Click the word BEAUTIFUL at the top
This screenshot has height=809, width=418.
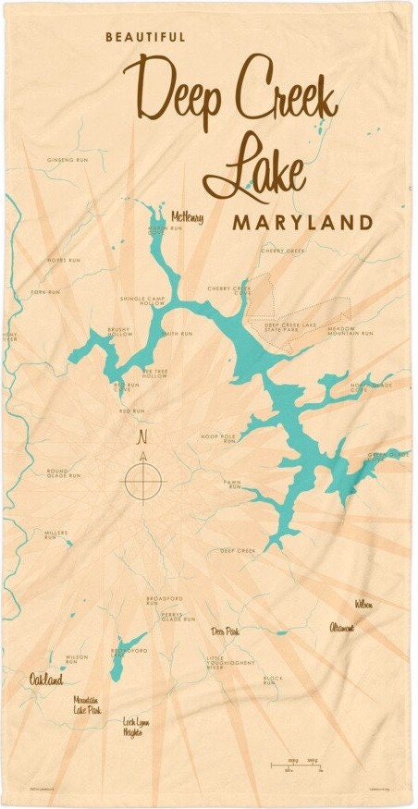point(145,37)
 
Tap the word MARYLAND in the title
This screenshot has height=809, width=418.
point(302,223)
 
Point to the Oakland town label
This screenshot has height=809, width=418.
point(45,680)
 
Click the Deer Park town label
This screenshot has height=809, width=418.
point(225,632)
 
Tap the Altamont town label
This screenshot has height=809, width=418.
point(340,628)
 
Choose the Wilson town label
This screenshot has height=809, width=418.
point(363,604)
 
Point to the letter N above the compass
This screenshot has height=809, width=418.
point(142,436)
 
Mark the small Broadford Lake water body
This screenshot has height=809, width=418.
point(127,658)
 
